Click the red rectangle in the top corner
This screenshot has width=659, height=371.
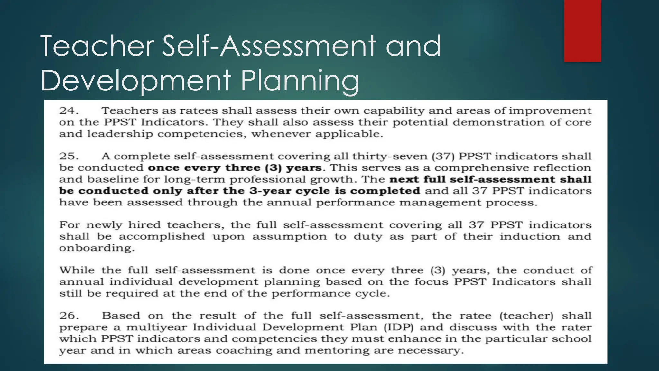click(582, 31)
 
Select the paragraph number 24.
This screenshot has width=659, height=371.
click(69, 111)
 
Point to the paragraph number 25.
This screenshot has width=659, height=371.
click(69, 156)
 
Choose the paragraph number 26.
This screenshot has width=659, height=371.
click(69, 316)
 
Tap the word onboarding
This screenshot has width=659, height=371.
click(97, 248)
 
